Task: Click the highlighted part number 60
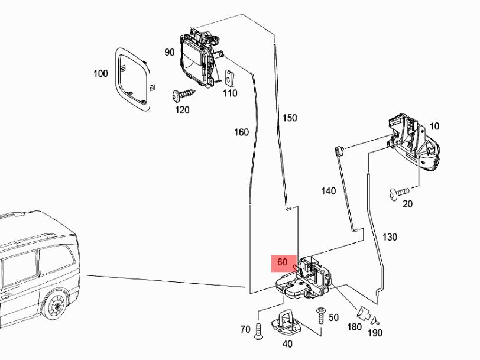pyautogui.click(x=282, y=262)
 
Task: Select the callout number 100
pyautogui.click(x=100, y=73)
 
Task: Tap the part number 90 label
pyautogui.click(x=170, y=52)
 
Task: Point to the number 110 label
pyautogui.click(x=230, y=93)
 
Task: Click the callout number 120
pyautogui.click(x=182, y=110)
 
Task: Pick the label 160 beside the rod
pyautogui.click(x=241, y=132)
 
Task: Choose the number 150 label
pyautogui.click(x=290, y=118)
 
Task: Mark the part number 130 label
pyautogui.click(x=390, y=237)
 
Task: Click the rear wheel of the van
pyautogui.click(x=57, y=306)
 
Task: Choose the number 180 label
pyautogui.click(x=355, y=327)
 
